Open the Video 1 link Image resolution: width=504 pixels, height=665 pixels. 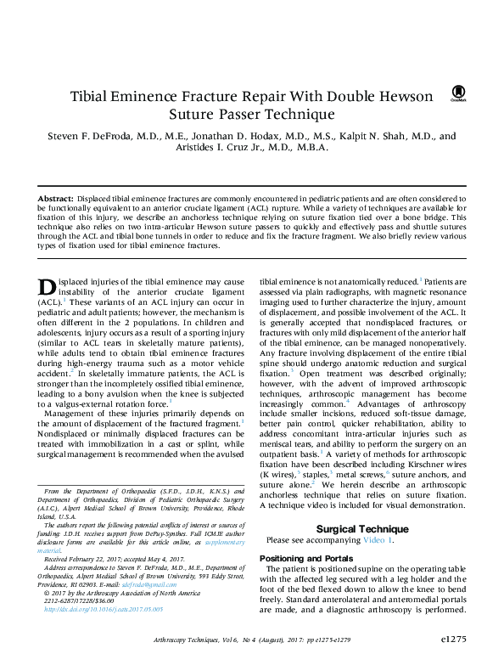(x=374, y=540)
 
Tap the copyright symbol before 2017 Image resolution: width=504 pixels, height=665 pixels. (x=46, y=594)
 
